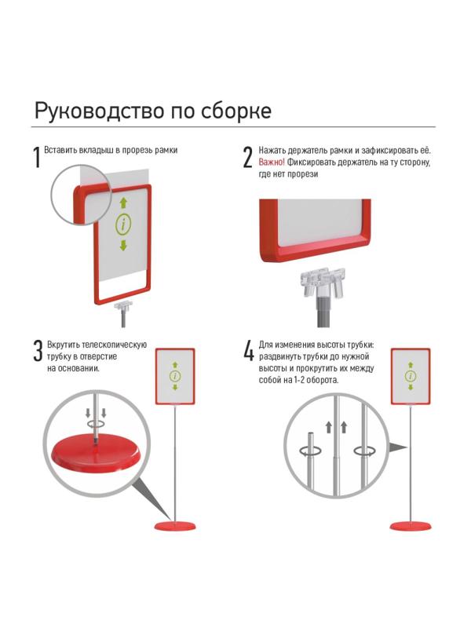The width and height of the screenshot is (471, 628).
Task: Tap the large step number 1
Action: point(36,157)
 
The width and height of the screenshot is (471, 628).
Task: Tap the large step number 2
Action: point(247,157)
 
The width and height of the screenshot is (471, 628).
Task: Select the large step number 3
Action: point(37,352)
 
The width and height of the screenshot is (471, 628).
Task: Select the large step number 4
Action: point(248,352)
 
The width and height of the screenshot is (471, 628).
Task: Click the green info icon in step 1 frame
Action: point(123,225)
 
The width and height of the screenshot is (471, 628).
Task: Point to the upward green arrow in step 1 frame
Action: point(123,203)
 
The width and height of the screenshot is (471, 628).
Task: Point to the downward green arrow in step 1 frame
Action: point(123,246)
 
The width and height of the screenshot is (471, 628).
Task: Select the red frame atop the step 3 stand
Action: point(175,375)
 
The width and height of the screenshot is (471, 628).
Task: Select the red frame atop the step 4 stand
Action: point(411,375)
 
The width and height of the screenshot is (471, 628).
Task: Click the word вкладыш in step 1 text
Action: point(99,149)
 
